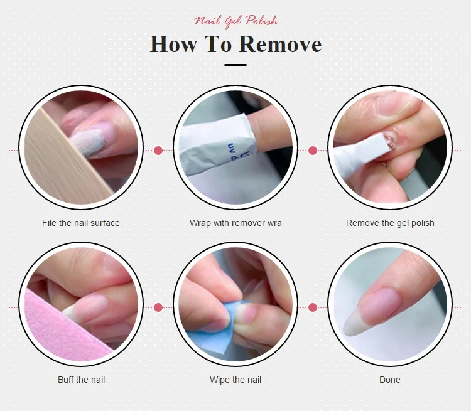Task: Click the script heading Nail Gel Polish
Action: click(x=235, y=21)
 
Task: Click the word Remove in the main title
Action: click(x=281, y=44)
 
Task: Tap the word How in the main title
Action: click(x=173, y=44)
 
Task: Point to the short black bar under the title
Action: click(x=235, y=65)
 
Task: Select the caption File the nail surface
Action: click(x=81, y=223)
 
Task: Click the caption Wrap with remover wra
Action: click(x=235, y=223)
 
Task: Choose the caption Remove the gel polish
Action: click(x=390, y=223)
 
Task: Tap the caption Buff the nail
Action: click(x=82, y=380)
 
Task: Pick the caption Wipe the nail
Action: click(x=235, y=380)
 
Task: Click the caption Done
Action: click(x=390, y=380)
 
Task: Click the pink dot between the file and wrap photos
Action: click(x=158, y=151)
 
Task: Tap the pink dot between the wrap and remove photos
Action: click(x=313, y=151)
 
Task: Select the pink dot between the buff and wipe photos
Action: click(x=158, y=307)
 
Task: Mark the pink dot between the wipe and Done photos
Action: click(x=313, y=307)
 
